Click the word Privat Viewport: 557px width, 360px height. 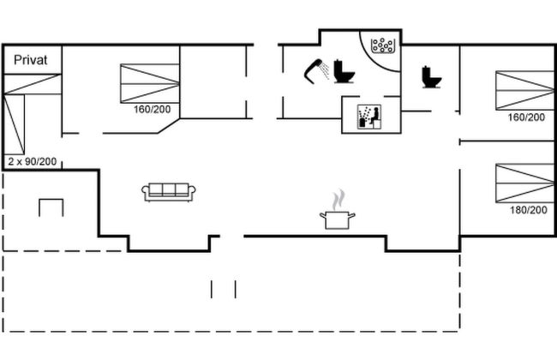coord(31,60)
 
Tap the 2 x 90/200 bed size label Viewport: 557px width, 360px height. coord(33,162)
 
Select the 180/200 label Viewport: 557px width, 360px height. coord(529,210)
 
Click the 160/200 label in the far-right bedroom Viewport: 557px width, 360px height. coord(526,117)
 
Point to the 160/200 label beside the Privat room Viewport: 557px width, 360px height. coord(152,109)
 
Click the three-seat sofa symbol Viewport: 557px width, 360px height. coord(169,192)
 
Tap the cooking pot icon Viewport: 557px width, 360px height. coord(337,219)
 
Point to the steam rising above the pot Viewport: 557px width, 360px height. coord(339,200)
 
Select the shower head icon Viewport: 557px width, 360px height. coord(317,71)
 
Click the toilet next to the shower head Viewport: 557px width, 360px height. coord(344,71)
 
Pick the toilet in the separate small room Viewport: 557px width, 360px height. coord(432,77)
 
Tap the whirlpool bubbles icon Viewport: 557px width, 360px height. coord(382,45)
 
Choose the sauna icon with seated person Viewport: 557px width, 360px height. coord(369,117)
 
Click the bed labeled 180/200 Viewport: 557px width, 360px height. coord(525,183)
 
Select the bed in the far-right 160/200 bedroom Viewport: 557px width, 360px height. coord(525,90)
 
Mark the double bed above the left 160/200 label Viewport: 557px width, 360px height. coord(150,83)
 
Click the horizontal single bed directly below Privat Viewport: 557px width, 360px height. coord(33,84)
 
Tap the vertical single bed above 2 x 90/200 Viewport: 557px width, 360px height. coord(15,124)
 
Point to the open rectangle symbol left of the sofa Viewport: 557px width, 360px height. coord(51,207)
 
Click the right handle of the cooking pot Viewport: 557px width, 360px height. coord(351,215)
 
